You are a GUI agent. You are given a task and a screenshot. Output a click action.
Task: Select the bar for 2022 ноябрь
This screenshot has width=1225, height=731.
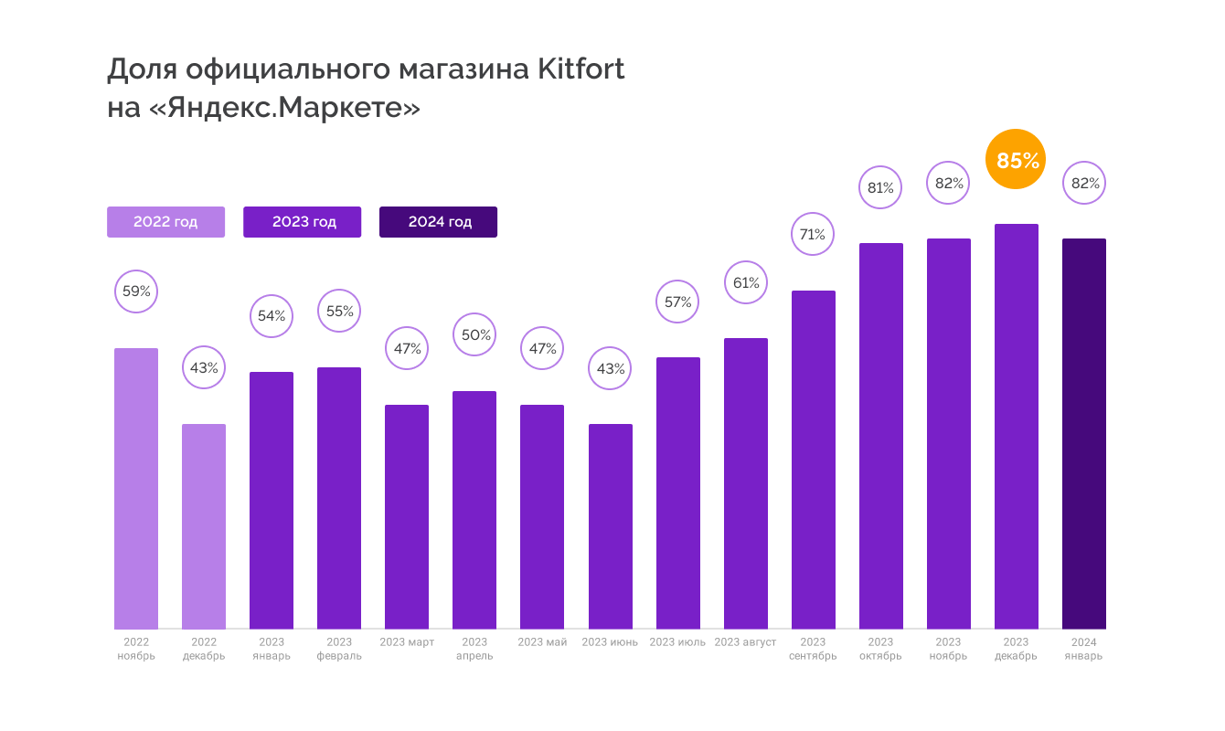(136, 488)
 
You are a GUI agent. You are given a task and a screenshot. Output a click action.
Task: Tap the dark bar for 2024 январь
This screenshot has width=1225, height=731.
(1083, 433)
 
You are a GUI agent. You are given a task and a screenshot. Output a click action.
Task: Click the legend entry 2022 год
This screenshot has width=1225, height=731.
(165, 222)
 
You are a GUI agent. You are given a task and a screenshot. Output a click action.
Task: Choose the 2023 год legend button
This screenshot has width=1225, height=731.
(302, 222)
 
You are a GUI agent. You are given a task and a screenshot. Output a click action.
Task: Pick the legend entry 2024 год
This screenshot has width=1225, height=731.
(438, 222)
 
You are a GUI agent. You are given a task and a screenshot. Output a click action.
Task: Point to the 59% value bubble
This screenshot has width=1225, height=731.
(136, 292)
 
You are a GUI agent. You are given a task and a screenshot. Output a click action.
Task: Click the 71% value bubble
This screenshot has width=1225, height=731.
(813, 235)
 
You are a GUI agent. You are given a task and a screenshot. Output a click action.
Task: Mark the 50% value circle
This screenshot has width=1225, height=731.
(475, 335)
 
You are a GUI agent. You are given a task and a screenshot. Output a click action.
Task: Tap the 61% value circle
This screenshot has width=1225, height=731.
(746, 283)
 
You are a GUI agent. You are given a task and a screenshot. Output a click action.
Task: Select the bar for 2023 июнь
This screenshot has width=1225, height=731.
(611, 525)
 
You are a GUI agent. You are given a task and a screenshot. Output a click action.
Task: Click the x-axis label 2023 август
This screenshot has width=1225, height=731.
(746, 642)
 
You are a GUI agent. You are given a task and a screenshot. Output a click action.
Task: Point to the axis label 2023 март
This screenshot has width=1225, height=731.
(407, 642)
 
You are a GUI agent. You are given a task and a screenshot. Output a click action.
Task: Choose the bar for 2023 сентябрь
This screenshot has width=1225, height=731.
(814, 459)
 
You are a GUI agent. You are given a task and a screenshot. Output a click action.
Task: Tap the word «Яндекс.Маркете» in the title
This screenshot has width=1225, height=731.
(284, 108)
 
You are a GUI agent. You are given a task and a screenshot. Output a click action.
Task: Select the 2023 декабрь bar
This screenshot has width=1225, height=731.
(1017, 426)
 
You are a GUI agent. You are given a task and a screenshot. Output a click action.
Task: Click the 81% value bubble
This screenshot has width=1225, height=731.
(880, 188)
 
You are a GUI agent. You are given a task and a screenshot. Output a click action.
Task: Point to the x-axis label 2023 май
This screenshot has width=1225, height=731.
(542, 642)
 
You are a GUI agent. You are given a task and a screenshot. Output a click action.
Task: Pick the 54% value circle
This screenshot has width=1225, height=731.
(272, 316)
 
